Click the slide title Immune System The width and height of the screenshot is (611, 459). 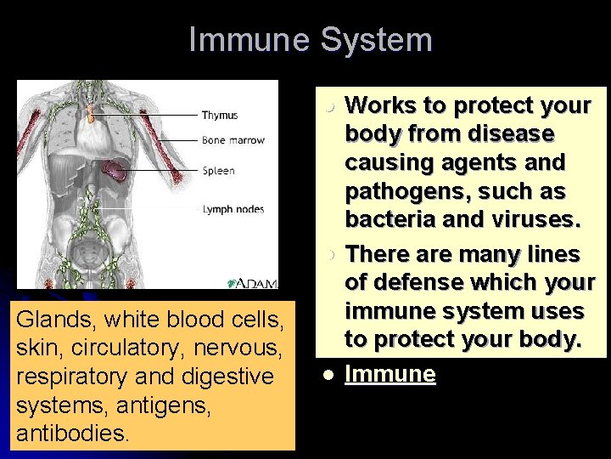(311, 40)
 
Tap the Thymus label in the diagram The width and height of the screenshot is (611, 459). (220, 116)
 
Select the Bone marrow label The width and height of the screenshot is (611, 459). (233, 140)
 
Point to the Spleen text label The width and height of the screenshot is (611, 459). (218, 171)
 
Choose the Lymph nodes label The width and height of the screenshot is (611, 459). (233, 209)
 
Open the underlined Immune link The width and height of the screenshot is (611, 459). (390, 374)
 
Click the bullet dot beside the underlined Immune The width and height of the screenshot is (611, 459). (327, 375)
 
